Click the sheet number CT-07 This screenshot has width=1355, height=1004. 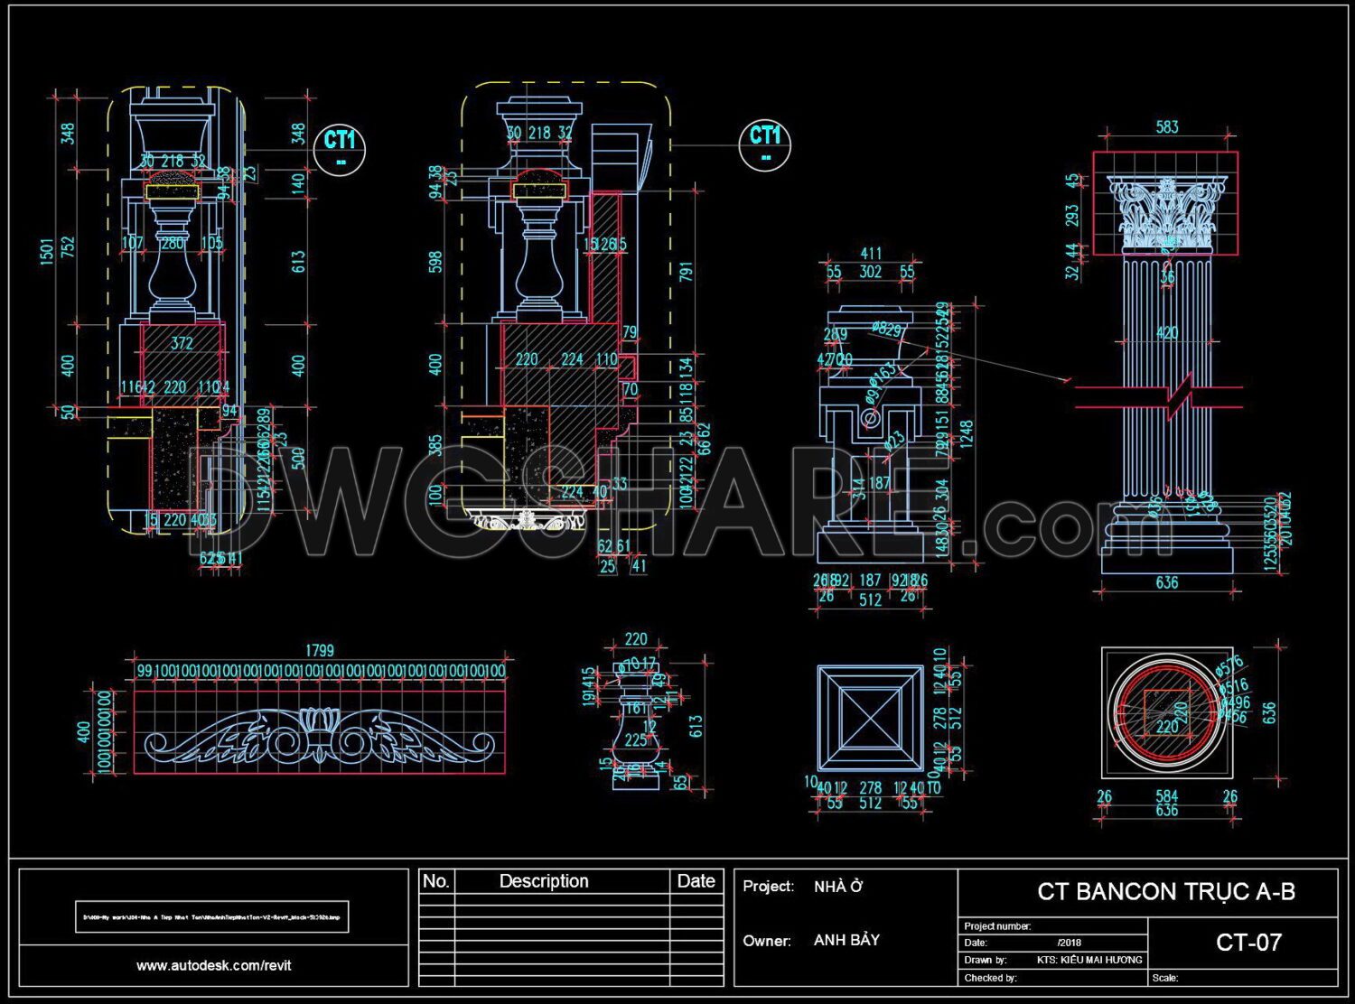[1248, 943]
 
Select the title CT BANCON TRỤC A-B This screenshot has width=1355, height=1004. [1165, 892]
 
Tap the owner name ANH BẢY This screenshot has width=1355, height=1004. [846, 940]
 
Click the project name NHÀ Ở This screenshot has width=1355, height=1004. [837, 887]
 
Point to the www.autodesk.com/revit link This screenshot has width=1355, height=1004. [214, 965]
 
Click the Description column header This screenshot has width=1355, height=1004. [544, 881]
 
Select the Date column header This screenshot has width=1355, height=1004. [696, 881]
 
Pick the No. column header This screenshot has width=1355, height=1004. [436, 881]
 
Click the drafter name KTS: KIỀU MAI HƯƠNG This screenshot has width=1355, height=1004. [1089, 960]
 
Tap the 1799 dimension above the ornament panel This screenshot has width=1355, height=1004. [319, 650]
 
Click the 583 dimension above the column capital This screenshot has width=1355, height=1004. [1167, 127]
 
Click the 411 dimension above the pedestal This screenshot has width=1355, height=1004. [870, 254]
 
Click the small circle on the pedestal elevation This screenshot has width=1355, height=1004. [870, 419]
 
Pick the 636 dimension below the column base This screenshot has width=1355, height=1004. [1166, 583]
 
